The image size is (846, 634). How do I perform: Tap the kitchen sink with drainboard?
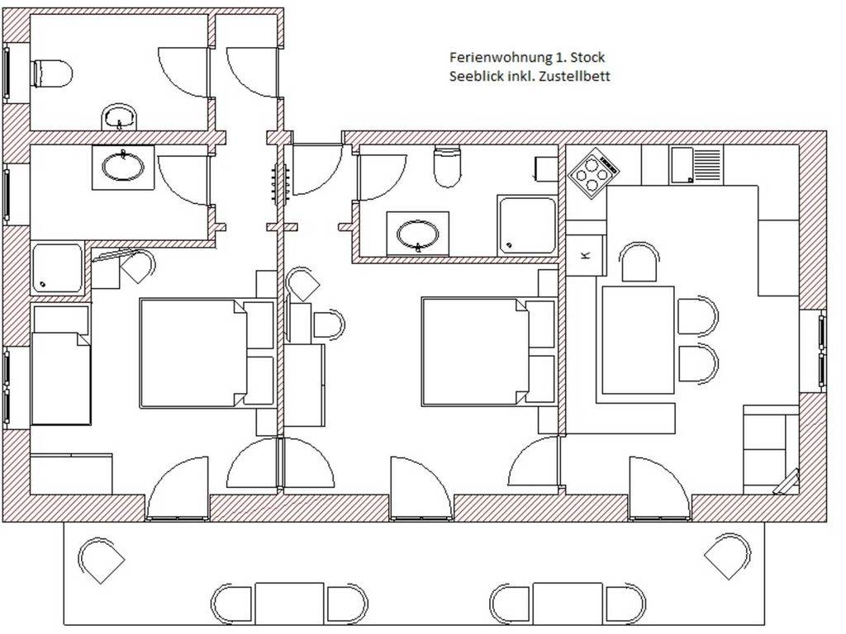tap(696, 165)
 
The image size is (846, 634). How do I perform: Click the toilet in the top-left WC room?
tap(52, 73)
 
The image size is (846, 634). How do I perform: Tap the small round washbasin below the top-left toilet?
tap(120, 116)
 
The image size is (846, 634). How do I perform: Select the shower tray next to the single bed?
tap(57, 268)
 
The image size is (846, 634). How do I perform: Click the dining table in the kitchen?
tap(638, 340)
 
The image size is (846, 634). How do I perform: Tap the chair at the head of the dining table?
tap(639, 263)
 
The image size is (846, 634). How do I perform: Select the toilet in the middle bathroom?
tap(448, 165)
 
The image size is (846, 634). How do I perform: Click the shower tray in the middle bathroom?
tap(526, 225)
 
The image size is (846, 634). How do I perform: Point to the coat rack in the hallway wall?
tap(281, 184)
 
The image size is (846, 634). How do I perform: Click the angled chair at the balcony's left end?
tap(102, 560)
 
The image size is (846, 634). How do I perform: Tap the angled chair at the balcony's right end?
tap(727, 557)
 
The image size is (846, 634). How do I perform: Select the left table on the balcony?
tap(289, 603)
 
